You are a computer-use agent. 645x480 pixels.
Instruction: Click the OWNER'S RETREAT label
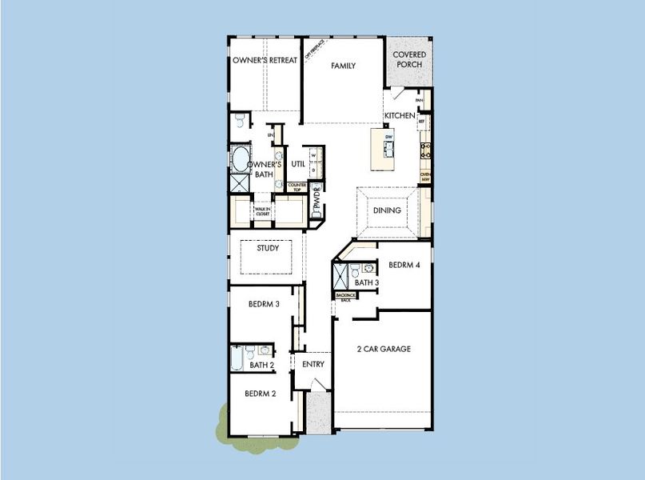click(265, 61)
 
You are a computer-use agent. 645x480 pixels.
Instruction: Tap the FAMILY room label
click(343, 66)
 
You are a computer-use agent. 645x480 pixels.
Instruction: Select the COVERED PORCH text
click(409, 60)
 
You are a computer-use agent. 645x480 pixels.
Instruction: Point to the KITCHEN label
click(400, 116)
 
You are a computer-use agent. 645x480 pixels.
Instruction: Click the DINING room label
click(387, 211)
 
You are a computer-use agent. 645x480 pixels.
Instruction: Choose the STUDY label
click(268, 248)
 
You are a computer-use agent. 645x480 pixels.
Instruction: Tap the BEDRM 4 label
click(404, 265)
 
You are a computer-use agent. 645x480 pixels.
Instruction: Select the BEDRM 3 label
click(263, 304)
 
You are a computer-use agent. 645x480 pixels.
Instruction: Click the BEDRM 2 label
click(261, 394)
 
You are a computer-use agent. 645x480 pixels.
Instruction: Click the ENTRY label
click(313, 364)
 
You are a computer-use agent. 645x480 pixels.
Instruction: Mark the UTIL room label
click(298, 163)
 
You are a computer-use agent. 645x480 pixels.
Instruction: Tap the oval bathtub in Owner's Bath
click(240, 158)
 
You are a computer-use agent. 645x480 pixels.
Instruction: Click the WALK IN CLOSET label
click(262, 212)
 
